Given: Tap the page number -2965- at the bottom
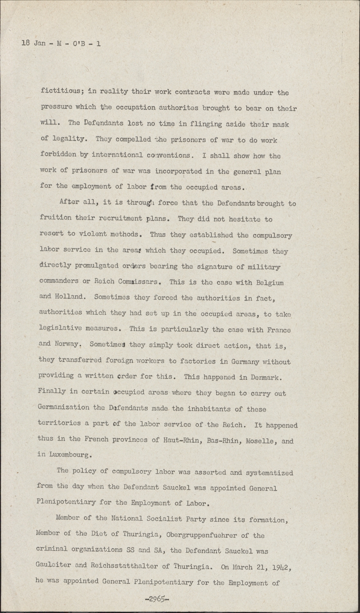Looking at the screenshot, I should [157, 600].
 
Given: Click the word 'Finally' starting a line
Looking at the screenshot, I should [52, 391].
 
